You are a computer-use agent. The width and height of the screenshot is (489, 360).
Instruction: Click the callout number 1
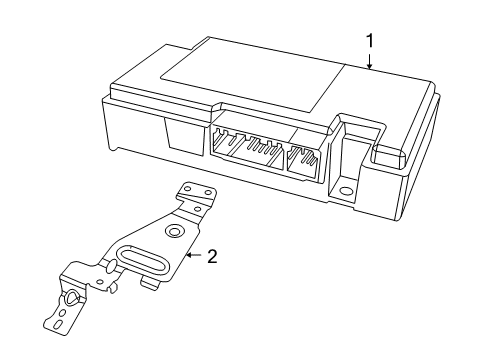tap(370, 41)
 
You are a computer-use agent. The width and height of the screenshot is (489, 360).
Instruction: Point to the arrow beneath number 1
tap(370, 63)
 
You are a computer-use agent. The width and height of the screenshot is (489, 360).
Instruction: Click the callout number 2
tap(212, 256)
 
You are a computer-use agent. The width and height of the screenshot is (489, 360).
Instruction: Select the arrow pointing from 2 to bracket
tap(193, 256)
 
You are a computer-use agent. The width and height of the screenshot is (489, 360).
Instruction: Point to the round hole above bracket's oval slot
tap(174, 232)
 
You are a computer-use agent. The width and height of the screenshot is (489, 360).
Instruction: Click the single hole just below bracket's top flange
tap(194, 210)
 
